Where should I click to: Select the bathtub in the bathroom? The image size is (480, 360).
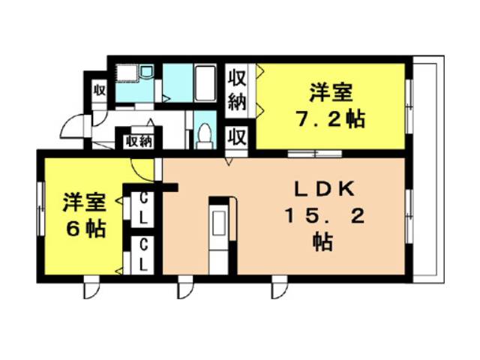[205, 83]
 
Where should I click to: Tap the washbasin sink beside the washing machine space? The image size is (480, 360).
[147, 71]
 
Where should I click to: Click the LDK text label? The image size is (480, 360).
[325, 189]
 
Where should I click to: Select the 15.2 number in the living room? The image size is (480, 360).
[325, 217]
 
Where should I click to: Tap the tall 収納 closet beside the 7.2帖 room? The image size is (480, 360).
[238, 90]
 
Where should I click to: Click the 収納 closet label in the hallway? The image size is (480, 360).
[139, 142]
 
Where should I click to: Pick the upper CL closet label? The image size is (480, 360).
[143, 208]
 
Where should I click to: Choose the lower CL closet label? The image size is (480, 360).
[143, 255]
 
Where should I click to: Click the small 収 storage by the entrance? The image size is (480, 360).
[99, 91]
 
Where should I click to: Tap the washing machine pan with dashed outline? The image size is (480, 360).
[127, 73]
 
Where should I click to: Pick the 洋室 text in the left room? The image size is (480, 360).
[84, 201]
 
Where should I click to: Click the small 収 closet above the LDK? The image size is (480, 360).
[238, 137]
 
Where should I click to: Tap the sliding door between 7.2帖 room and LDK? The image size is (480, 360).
[315, 153]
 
